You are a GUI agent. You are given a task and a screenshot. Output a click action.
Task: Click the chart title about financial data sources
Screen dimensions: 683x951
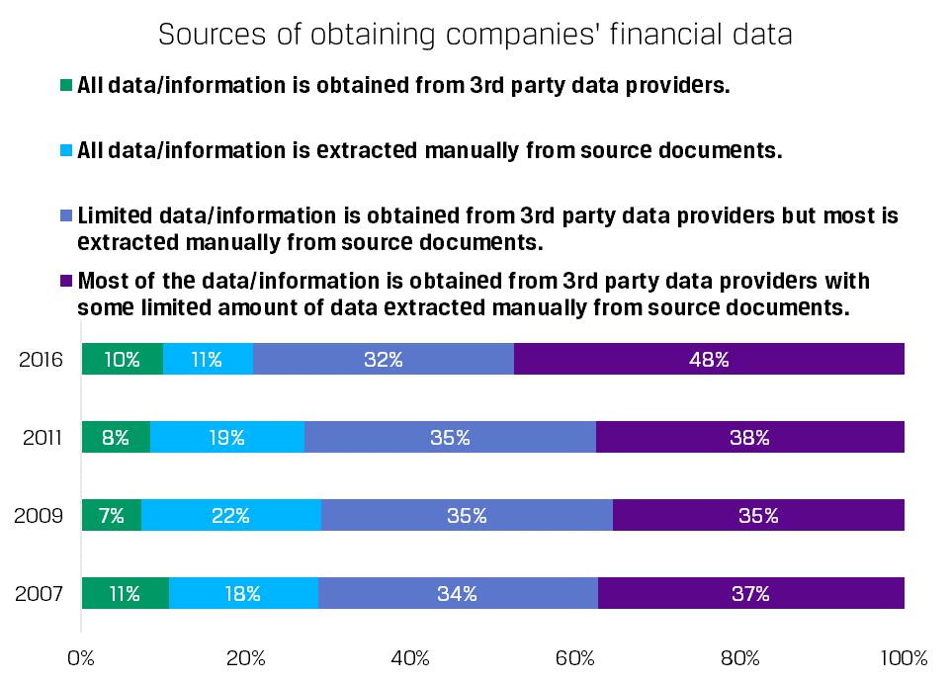click(475, 36)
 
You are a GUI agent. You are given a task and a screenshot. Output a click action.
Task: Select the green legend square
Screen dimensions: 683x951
click(67, 85)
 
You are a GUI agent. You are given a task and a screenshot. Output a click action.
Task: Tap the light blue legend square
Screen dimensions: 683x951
click(67, 151)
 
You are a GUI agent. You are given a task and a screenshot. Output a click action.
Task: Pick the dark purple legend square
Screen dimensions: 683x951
click(67, 281)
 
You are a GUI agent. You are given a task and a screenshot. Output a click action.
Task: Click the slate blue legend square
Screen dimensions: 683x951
click(67, 214)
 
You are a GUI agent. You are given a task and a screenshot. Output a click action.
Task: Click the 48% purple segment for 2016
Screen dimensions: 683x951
click(709, 359)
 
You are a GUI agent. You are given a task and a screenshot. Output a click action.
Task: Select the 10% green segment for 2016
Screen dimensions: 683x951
click(122, 359)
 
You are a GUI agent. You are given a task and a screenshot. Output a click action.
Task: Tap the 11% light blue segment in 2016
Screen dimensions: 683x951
click(208, 359)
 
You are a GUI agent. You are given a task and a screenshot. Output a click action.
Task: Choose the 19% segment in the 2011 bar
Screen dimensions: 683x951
click(226, 437)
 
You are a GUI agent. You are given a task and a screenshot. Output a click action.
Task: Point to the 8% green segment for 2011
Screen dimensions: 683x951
click(116, 437)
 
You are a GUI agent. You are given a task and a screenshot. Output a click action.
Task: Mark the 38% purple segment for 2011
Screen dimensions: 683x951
click(749, 437)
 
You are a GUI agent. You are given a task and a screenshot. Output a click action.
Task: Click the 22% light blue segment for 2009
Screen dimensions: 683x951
click(231, 515)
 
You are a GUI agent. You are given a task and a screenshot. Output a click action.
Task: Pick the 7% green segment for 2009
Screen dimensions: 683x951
click(111, 515)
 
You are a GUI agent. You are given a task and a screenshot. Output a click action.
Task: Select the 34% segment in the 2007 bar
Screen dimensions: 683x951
click(458, 593)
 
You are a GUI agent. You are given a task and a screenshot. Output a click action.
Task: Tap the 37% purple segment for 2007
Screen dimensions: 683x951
click(750, 593)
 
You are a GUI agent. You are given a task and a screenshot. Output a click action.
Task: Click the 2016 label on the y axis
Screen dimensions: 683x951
click(42, 360)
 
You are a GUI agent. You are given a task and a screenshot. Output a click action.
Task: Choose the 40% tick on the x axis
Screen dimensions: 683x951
click(410, 658)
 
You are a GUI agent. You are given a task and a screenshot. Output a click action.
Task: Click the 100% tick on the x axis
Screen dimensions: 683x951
click(903, 658)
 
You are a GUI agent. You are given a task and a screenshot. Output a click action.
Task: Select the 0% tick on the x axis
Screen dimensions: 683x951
click(81, 658)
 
